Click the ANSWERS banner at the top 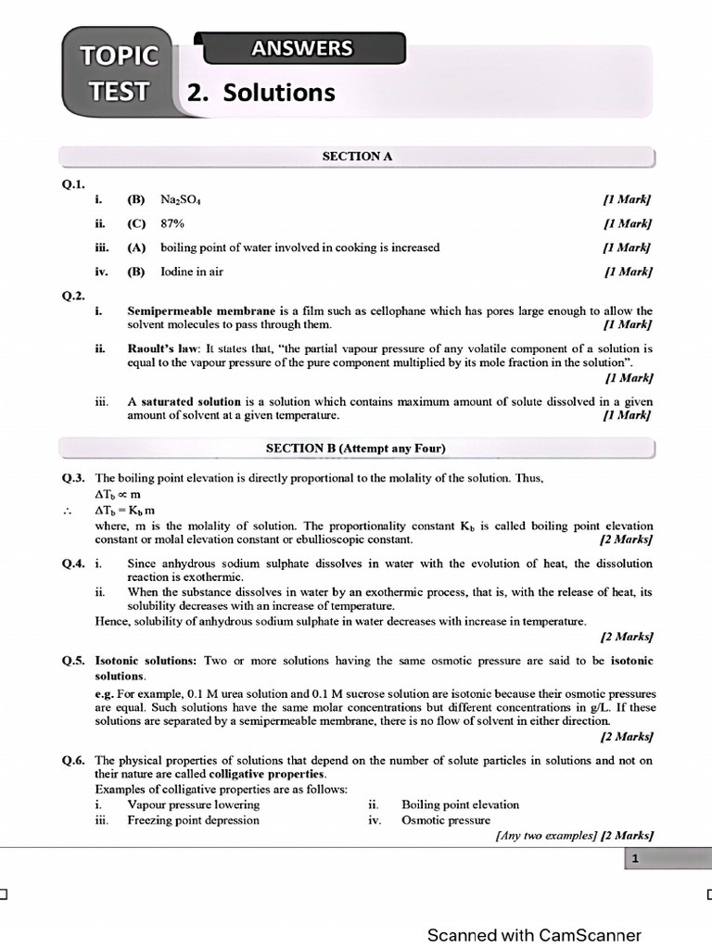pos(300,48)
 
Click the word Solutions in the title pos(273,93)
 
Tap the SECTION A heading pos(357,157)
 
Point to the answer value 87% pos(172,223)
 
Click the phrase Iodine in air pos(192,272)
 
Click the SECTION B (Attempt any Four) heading pos(356,449)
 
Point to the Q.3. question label pos(74,477)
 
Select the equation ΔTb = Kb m pos(124,510)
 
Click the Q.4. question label pos(74,563)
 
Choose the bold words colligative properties pos(267,774)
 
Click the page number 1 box pos(635,860)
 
